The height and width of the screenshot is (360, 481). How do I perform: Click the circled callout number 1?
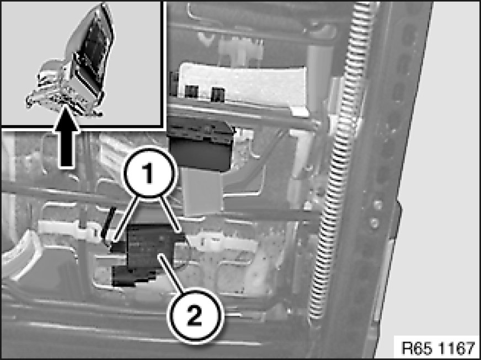tap(149, 173)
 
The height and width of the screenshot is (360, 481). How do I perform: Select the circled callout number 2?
tap(195, 315)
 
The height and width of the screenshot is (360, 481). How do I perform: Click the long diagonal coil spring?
tap(340, 159)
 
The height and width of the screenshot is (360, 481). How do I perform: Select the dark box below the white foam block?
tap(201, 144)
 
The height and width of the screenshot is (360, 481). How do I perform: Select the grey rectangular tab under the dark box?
tap(203, 192)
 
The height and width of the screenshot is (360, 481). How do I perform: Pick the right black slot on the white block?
tap(218, 94)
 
